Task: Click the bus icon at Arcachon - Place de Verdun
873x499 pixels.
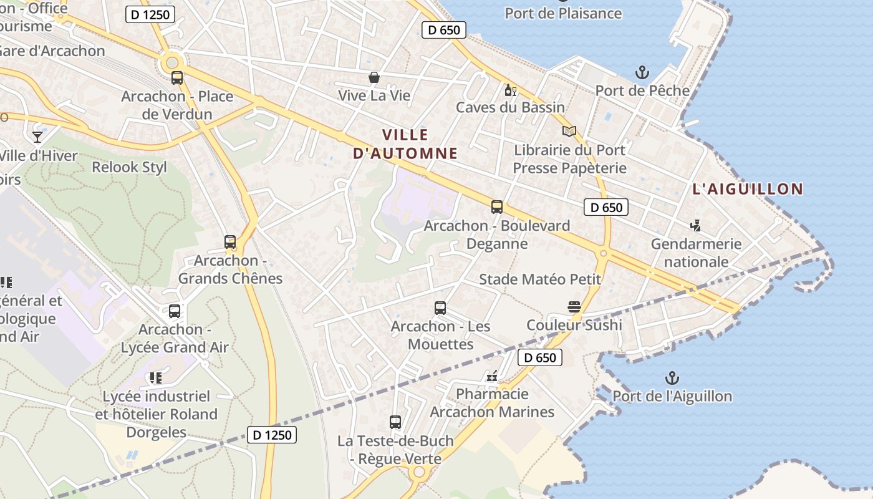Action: tap(177, 78)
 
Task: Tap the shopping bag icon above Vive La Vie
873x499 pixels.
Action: tap(374, 77)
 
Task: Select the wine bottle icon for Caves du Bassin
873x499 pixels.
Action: tap(510, 90)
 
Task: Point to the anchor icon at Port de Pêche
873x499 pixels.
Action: tap(642, 73)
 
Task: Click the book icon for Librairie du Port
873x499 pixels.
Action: tap(569, 132)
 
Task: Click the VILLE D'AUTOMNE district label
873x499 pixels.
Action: tap(405, 144)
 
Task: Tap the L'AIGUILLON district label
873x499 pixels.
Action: tap(748, 189)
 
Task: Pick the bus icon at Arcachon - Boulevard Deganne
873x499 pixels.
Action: tap(497, 207)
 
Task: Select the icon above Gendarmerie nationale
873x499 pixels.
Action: tap(696, 226)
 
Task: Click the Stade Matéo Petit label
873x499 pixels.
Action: tap(540, 279)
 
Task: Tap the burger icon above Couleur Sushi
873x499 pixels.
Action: tap(574, 307)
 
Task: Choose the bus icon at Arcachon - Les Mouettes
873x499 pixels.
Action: tap(440, 308)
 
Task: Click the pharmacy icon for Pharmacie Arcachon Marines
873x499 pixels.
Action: tap(492, 376)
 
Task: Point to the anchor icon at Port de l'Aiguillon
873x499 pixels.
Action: tap(672, 378)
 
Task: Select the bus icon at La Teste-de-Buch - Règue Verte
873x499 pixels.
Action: tap(395, 422)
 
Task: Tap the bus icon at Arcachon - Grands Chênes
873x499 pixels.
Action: tap(230, 242)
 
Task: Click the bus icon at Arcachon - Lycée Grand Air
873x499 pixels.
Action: tap(175, 311)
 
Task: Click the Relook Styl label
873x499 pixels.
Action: tap(129, 167)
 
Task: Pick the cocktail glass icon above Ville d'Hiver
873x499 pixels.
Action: tap(37, 137)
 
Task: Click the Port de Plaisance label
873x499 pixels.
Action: tap(563, 13)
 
